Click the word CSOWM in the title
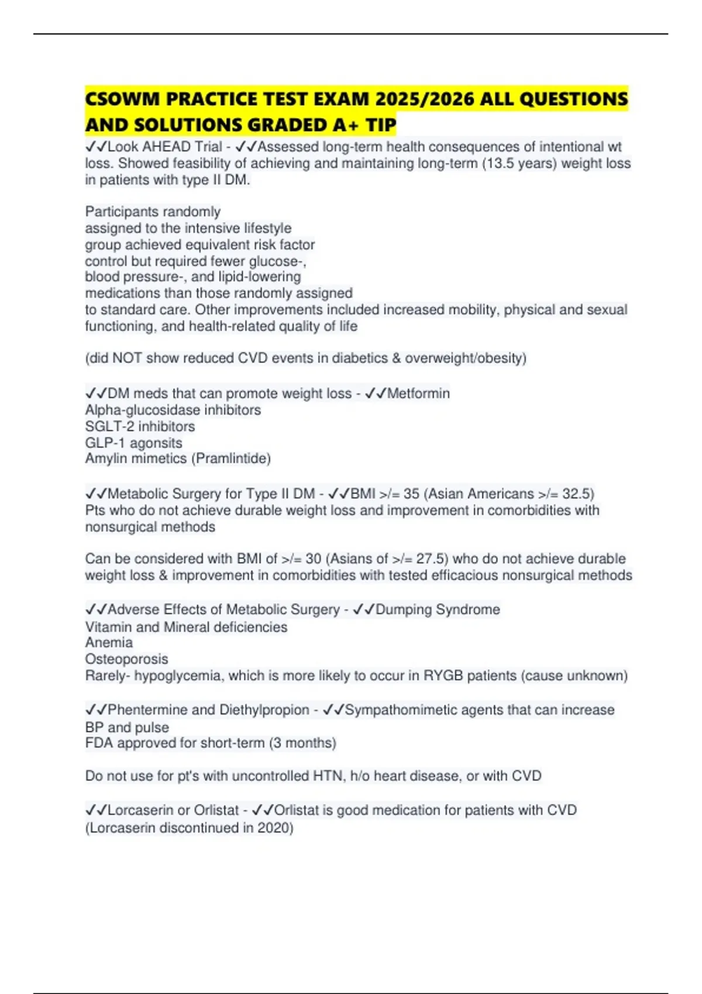tap(122, 99)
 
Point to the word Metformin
tap(418, 394)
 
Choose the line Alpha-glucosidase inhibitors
tap(173, 410)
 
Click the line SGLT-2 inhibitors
tap(140, 426)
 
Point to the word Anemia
tap(109, 643)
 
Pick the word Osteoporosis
tap(126, 659)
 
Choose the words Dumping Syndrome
tap(438, 610)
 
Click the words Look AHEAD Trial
tap(165, 147)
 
